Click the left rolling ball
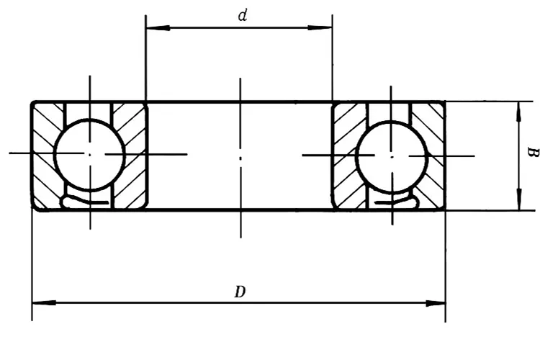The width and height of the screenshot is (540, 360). (90, 153)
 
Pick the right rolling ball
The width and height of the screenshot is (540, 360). (392, 154)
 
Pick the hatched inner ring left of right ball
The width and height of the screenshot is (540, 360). (347, 155)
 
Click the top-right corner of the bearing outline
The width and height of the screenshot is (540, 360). (444, 102)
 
